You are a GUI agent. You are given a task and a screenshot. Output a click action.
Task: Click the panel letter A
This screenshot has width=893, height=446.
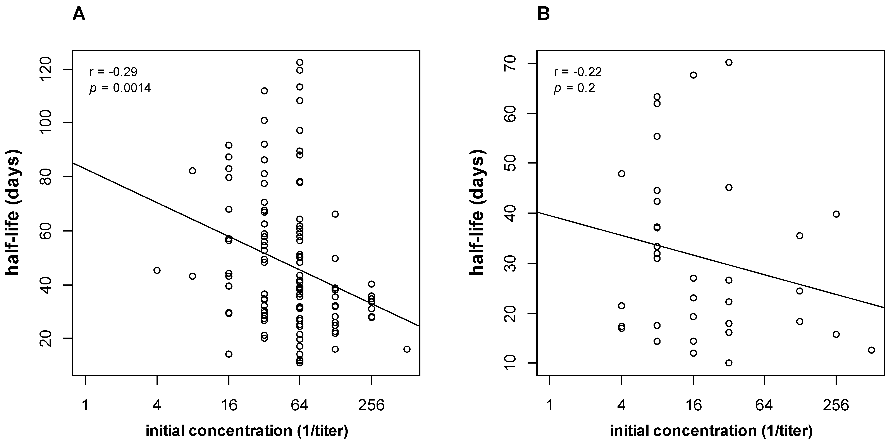tap(79, 15)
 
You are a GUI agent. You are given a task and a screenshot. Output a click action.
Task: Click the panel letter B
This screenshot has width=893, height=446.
tap(543, 15)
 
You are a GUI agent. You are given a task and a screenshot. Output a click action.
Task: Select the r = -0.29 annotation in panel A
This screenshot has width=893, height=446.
tap(113, 72)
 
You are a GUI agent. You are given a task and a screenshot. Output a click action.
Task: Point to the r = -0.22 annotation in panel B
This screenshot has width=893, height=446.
tap(578, 72)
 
